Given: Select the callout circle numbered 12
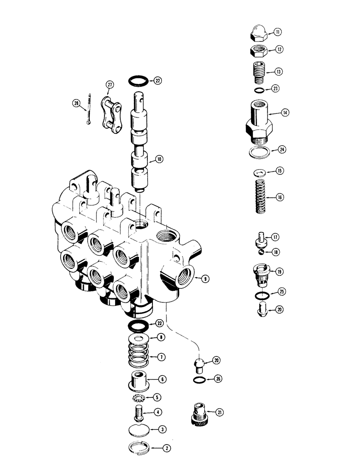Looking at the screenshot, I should (278, 49).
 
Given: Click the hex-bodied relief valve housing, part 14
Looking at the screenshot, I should (258, 121).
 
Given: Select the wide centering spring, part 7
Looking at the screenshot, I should (137, 357).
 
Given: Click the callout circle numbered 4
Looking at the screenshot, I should (159, 412).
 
